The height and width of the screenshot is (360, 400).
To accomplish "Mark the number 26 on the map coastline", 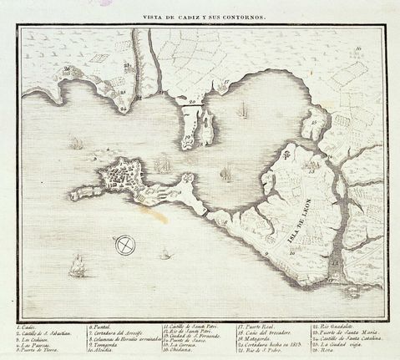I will [x=66, y=69].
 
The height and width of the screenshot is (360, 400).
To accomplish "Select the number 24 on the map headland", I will [x=123, y=107].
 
